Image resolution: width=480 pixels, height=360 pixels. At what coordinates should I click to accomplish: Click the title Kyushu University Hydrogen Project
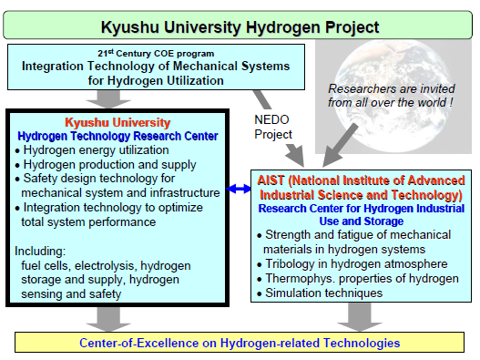coord(240,27)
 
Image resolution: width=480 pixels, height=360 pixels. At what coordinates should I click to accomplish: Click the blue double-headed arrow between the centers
coord(239,189)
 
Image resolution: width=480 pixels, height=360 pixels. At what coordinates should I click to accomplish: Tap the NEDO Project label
coord(273,127)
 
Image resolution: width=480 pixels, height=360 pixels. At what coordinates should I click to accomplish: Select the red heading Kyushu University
coord(117,122)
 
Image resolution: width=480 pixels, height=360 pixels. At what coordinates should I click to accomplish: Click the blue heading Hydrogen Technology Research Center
coord(117,136)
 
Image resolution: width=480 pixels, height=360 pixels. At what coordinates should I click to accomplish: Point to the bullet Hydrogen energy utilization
coord(92,150)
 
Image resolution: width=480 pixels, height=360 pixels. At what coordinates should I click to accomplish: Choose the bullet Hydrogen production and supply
coord(106,165)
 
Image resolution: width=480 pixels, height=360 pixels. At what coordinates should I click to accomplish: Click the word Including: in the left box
coord(40,251)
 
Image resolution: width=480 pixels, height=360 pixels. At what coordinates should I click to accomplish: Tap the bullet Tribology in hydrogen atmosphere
coord(352,263)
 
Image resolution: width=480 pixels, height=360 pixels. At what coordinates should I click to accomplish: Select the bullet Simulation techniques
coord(320,293)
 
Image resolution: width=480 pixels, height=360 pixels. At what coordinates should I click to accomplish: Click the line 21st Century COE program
coord(156,53)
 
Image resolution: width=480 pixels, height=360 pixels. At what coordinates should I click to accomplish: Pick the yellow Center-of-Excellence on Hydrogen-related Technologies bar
coord(240,343)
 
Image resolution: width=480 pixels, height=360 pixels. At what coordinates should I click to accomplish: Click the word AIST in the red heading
coord(271,180)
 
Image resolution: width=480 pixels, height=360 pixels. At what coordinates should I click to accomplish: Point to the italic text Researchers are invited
coord(392,88)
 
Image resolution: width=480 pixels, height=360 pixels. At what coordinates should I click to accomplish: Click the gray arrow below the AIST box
coord(360,317)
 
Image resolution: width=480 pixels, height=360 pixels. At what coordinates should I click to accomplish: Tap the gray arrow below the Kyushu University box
coord(108,319)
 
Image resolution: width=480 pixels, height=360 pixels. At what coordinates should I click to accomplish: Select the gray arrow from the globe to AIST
coord(340,145)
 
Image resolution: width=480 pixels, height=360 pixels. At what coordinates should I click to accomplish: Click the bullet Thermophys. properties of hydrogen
coord(358,278)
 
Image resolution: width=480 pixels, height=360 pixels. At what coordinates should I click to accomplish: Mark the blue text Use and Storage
coord(362,221)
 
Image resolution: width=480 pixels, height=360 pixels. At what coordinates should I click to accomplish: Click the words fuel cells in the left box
coord(46,265)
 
